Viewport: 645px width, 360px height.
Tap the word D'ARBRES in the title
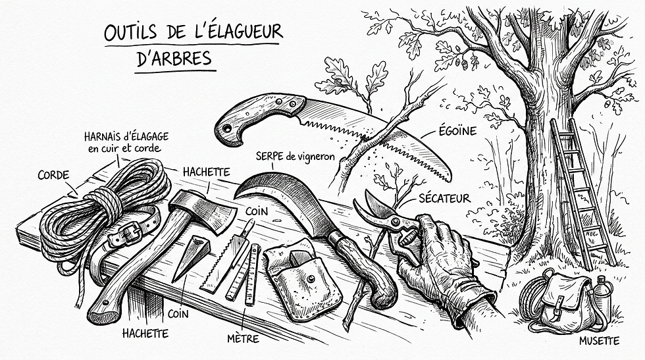pos(174,59)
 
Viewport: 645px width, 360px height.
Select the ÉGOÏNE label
pos(457,131)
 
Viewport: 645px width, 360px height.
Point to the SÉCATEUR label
pos(444,198)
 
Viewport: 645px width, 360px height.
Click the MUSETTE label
pos(599,341)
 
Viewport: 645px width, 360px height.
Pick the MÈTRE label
pos(243,338)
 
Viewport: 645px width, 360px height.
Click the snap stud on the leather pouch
pos(311,279)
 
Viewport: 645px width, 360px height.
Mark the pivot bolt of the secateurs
pos(396,222)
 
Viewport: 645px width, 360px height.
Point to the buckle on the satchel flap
pos(559,304)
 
